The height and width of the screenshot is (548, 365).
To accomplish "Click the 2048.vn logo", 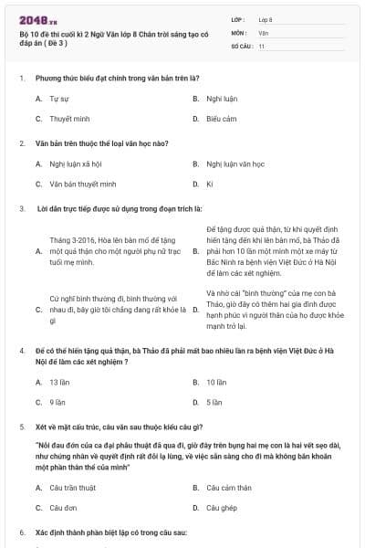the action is [x=38, y=18].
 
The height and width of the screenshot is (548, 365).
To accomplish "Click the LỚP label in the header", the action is [x=237, y=18].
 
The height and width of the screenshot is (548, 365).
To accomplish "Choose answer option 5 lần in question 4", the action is [x=214, y=402].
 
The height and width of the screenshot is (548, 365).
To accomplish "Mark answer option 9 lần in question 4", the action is [x=57, y=402].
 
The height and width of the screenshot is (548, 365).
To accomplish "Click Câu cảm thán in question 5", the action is [x=228, y=488].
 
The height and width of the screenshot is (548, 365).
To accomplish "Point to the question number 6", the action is [x=21, y=532].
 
